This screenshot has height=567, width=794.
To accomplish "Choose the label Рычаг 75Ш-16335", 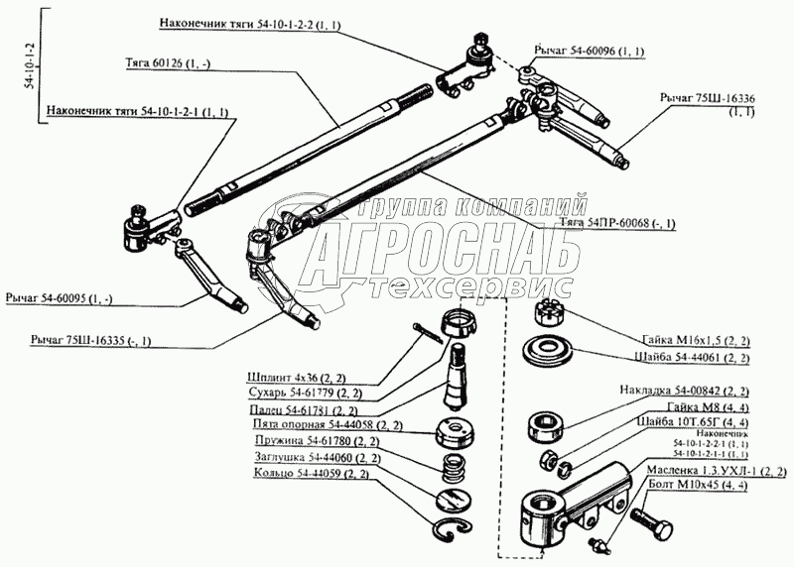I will tap(82, 341).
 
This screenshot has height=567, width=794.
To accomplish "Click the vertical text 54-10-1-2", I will tap(29, 67).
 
